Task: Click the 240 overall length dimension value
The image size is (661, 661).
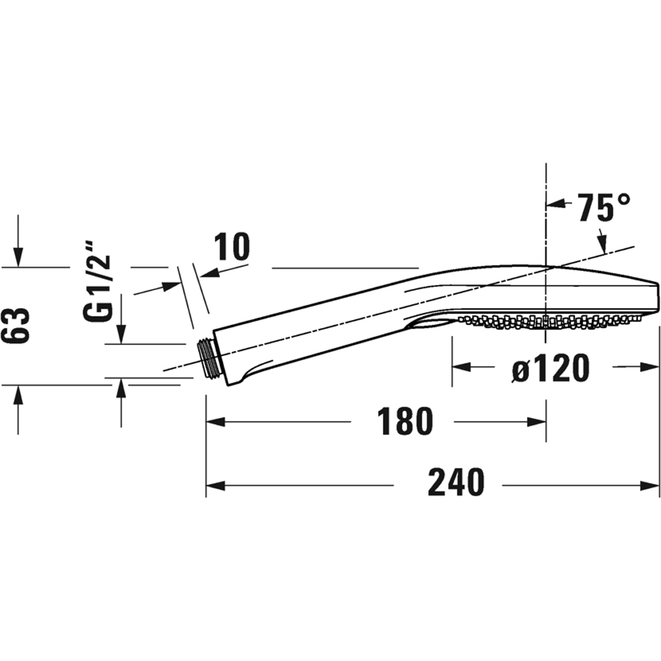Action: coord(455,483)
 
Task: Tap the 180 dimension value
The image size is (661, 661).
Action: coord(405,421)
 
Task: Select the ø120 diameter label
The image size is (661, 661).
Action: coord(550,368)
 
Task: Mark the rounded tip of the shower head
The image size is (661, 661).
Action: coord(656,296)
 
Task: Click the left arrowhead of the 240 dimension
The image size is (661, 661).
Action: coord(213,485)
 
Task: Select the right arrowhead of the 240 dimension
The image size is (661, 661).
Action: coord(653,485)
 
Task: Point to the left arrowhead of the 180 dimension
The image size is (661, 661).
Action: coord(213,421)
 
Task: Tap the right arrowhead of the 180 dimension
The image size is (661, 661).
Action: coord(539,421)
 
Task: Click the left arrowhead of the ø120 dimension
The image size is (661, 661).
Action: coord(459,367)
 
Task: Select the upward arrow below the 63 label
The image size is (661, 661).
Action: coord(19,393)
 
